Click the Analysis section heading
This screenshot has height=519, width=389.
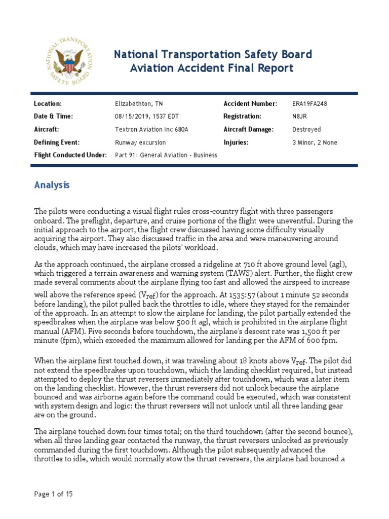(x=52, y=185)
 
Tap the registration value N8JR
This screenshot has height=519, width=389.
(x=300, y=116)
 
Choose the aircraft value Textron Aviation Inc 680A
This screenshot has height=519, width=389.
(x=151, y=129)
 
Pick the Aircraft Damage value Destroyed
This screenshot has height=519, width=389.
(x=306, y=129)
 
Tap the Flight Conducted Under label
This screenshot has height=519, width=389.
(x=70, y=155)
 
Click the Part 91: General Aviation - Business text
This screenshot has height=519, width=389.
(x=166, y=155)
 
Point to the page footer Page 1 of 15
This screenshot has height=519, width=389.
(x=53, y=494)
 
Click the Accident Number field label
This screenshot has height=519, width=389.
(x=250, y=103)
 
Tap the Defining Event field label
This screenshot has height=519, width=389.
(x=57, y=142)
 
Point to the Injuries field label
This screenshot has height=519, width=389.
(x=236, y=142)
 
